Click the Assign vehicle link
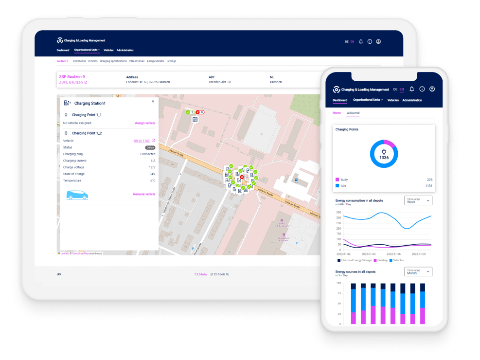coord(145,123)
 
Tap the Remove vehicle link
coord(144,194)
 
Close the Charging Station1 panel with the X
coord(153,102)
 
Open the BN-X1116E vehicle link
coord(142,141)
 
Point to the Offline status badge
coord(150,147)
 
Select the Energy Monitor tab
coord(156,61)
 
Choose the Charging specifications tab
coord(113,61)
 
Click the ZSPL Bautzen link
coord(71,83)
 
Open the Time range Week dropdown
coord(418,200)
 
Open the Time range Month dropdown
coord(418,271)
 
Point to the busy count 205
coord(429,180)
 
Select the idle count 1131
coord(428,186)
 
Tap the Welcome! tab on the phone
coord(353,113)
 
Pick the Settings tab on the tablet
coord(171,61)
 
